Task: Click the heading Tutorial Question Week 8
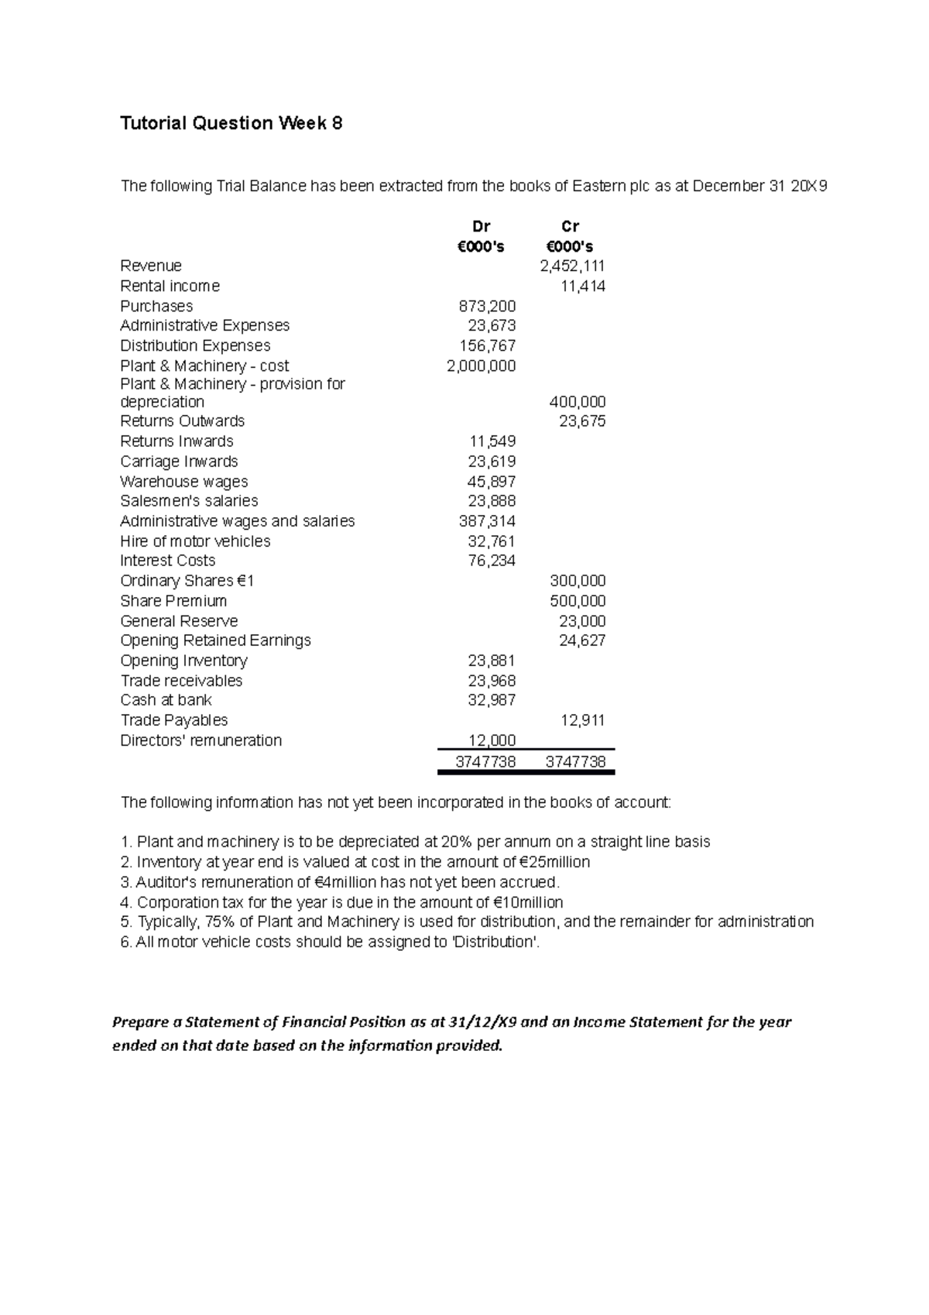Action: coord(231,124)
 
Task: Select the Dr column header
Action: coord(481,227)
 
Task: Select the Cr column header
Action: coord(570,227)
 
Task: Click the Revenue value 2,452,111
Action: coord(572,266)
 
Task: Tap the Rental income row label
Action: coord(170,287)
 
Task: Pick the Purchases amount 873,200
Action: coord(487,307)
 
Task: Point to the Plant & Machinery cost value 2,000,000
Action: coord(481,366)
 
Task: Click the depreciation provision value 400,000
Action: coord(577,402)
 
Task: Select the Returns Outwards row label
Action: coord(182,421)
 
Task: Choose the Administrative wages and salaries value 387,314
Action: coord(487,521)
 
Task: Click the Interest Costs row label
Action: coord(168,561)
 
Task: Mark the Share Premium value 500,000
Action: coord(577,601)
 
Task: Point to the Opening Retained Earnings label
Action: coord(215,640)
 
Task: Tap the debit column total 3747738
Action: coord(485,762)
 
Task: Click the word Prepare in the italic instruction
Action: coord(141,1022)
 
